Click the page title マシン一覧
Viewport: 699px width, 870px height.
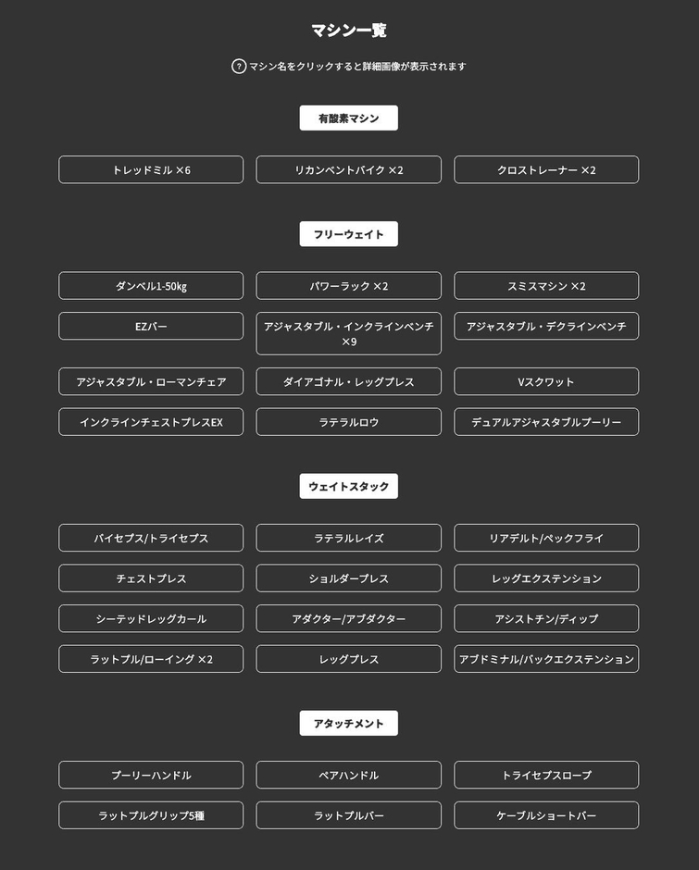[349, 31]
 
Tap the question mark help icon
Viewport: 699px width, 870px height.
[239, 67]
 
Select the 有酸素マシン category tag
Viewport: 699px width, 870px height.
[349, 118]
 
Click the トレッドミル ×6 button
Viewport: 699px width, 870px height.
[151, 170]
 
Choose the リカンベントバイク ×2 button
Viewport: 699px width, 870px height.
[349, 170]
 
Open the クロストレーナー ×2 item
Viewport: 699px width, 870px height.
[546, 170]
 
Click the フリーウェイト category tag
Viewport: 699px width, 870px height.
[349, 234]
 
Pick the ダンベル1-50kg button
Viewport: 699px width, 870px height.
[151, 286]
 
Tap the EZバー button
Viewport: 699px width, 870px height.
[151, 327]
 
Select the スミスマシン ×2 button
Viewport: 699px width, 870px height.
[546, 286]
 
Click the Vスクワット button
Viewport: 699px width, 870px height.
[546, 381]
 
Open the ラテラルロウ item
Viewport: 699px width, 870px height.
[349, 422]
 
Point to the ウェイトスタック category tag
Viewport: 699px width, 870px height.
[349, 487]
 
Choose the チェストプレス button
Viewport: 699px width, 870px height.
[151, 578]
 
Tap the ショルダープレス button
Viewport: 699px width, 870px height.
[349, 578]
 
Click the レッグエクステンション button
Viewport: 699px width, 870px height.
[546, 578]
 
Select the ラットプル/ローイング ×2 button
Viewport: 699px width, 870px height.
[151, 659]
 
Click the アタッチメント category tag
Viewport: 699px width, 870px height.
[349, 724]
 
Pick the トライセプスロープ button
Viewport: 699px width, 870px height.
[546, 776]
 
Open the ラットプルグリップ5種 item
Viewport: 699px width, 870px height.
[151, 815]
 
